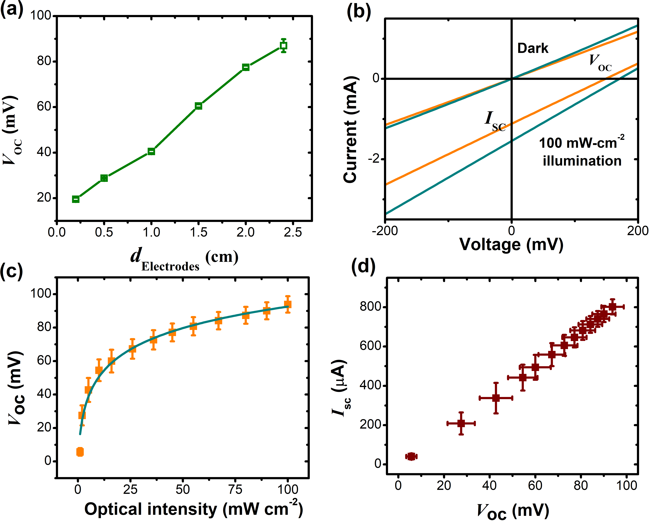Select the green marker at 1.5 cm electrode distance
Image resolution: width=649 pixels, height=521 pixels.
pos(198,106)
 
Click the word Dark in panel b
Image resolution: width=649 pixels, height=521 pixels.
pos(533,48)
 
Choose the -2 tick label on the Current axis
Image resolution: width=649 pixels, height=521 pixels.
pos(375,159)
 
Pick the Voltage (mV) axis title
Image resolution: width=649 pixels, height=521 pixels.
pos(511,245)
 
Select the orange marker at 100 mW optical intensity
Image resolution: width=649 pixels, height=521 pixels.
pos(288,304)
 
